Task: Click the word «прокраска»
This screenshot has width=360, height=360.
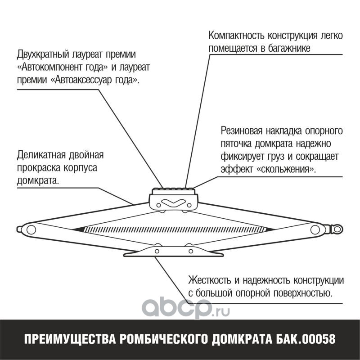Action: [36, 168]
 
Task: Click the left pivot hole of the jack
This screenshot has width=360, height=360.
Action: [31, 229]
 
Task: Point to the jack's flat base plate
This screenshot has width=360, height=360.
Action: [173, 252]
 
